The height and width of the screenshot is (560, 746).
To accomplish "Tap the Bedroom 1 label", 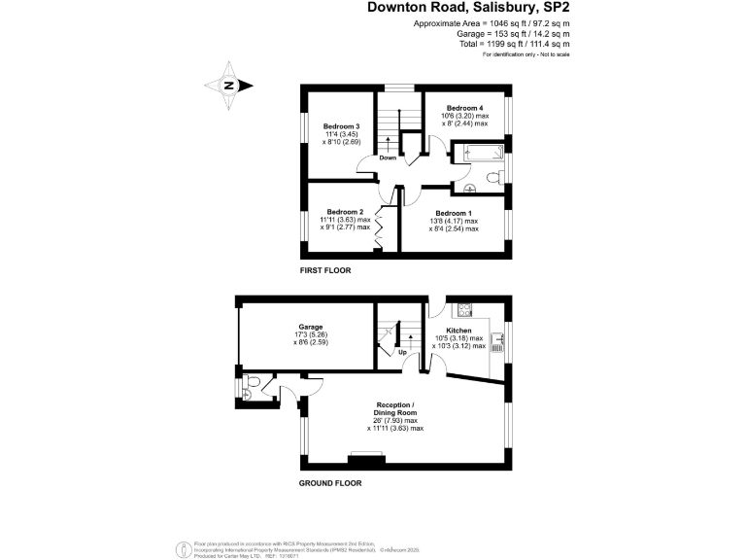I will coord(453,213).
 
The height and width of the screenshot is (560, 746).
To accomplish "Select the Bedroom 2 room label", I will coord(345,212).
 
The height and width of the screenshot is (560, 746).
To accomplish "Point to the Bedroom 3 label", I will coord(342,126).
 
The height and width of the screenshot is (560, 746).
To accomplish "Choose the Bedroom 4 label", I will coord(464,107).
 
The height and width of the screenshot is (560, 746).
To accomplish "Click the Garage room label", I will coord(311,327).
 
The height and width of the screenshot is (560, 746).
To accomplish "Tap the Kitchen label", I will coord(458,331).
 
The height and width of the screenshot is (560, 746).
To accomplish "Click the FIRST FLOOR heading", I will coord(325,269).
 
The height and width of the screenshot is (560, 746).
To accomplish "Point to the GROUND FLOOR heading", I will coord(330,482).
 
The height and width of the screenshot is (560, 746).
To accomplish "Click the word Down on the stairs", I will coord(388,157).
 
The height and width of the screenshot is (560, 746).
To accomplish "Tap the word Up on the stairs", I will coord(402,352).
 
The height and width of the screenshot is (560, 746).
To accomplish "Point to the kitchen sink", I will coord(497,341).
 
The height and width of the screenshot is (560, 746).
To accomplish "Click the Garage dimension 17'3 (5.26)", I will coord(311,335).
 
